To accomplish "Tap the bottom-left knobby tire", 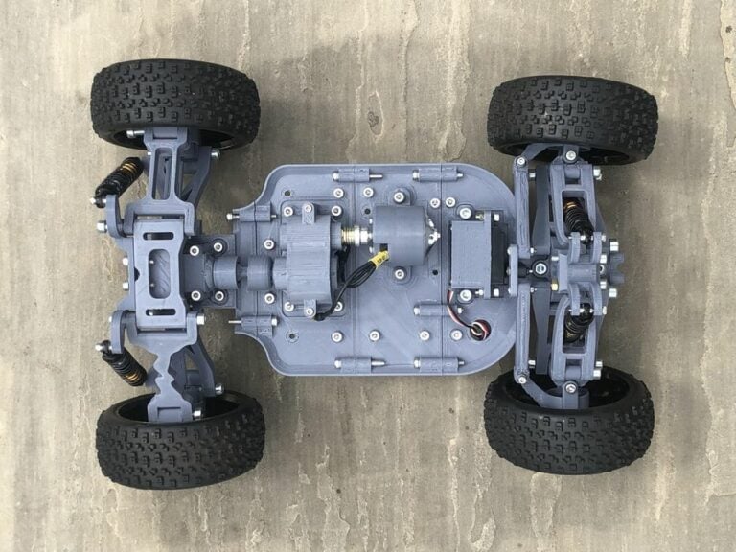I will [x=180, y=440].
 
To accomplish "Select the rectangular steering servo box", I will [x=476, y=255].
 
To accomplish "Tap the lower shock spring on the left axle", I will [x=124, y=362].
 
